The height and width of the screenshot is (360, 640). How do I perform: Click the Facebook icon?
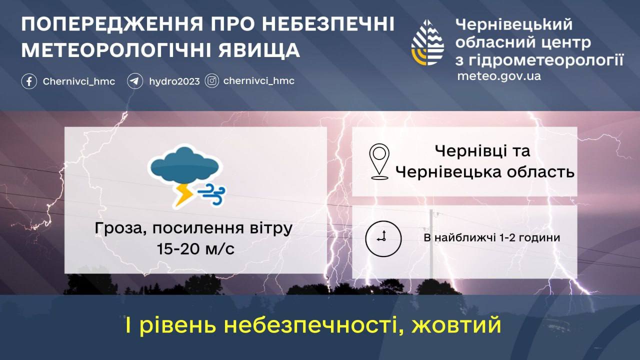29,81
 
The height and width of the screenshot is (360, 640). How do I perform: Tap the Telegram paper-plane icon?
135,81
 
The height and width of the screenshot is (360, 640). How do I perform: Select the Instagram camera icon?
211,81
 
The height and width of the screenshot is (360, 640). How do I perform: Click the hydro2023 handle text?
174,81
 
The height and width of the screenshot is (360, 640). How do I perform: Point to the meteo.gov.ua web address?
499,76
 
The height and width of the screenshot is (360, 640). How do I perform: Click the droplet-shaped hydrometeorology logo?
427,42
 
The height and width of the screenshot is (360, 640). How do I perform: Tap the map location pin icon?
379,161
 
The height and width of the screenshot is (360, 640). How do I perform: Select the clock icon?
383,238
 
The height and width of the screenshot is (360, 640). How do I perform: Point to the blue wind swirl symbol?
211,194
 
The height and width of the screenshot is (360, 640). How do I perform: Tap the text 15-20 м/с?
195,249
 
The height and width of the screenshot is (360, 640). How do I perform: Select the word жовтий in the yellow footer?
456,325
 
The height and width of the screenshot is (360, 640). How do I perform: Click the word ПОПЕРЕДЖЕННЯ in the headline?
112,24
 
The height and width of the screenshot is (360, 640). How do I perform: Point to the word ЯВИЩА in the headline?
259,50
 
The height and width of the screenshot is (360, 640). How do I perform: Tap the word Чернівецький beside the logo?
514,24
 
